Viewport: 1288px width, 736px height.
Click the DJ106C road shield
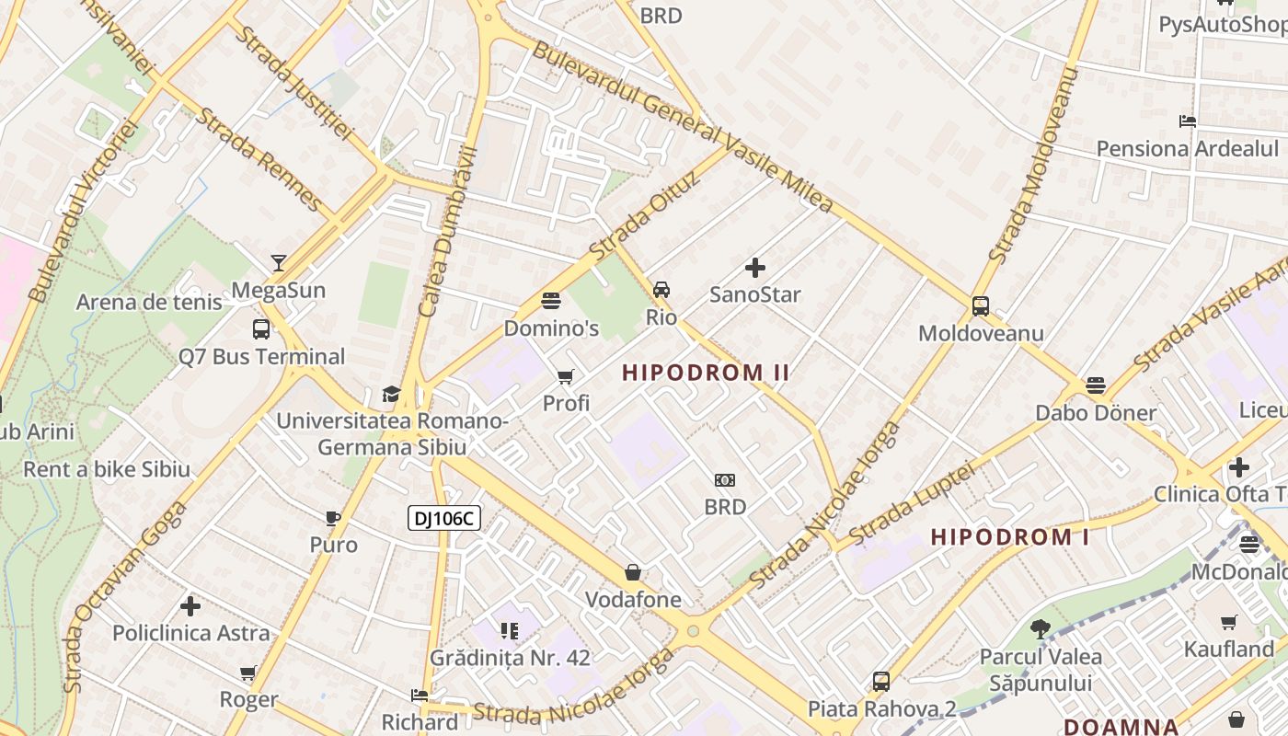(444, 518)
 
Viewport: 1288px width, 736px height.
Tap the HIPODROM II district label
(706, 373)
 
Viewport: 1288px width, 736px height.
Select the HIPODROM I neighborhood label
(1010, 536)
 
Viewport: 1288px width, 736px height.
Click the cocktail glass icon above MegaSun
(279, 263)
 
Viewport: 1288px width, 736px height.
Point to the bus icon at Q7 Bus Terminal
(261, 329)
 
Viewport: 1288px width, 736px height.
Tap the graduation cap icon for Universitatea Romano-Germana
(391, 395)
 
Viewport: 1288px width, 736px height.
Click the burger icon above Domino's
(551, 301)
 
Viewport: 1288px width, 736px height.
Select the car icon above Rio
(661, 290)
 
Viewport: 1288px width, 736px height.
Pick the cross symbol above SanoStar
(754, 268)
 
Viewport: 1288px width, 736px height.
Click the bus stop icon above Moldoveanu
(981, 306)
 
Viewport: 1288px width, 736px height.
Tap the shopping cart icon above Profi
(566, 376)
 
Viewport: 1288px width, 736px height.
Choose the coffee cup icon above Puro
(333, 518)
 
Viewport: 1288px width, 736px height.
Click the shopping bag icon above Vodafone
(633, 572)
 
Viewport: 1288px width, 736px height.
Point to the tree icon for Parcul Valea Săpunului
(1040, 629)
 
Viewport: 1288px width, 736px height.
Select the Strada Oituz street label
(645, 215)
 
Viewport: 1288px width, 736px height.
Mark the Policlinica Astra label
(191, 633)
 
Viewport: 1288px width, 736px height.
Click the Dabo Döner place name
(1095, 412)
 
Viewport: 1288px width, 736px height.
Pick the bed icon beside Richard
(420, 696)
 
